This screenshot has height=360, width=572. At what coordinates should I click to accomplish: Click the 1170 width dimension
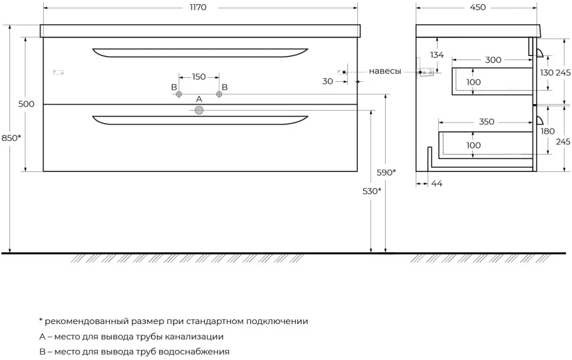tap(198, 7)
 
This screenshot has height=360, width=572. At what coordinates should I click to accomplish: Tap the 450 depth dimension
tap(478, 7)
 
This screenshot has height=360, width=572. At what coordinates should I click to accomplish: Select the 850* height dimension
tap(11, 138)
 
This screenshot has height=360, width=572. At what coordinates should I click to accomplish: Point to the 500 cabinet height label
tap(27, 104)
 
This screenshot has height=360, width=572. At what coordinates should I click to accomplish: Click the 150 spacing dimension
tap(199, 77)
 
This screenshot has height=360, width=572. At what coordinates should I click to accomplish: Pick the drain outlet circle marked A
tap(199, 110)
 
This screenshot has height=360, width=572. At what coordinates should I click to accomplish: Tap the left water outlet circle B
tap(179, 94)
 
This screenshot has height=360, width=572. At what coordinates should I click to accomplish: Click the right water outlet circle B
tap(219, 94)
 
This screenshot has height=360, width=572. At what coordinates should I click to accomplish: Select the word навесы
tap(385, 71)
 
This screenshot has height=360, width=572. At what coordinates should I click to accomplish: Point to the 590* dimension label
tap(386, 173)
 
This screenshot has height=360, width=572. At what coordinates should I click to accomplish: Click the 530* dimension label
tap(372, 191)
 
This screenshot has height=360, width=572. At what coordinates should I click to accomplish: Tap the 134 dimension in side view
tap(436, 55)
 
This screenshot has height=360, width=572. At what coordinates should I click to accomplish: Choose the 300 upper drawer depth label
tap(493, 60)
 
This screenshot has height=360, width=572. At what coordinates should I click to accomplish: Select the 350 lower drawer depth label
tap(486, 121)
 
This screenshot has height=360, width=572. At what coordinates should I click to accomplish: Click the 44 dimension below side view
tap(436, 184)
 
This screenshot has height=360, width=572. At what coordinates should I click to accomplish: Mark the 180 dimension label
tap(548, 131)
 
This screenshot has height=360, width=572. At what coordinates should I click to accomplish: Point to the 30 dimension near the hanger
tap(328, 81)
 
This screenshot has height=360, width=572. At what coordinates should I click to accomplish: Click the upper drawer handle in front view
tap(200, 53)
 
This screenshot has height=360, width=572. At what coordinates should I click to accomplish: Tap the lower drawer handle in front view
tap(200, 120)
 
